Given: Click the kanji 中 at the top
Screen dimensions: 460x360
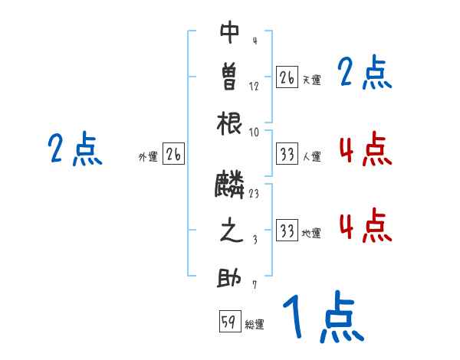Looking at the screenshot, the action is pos(230,32).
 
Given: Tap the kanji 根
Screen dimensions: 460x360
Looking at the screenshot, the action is pos(230,122).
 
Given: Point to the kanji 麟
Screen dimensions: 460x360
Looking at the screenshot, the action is pos(230,184).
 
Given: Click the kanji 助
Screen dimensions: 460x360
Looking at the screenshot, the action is pos(230,277).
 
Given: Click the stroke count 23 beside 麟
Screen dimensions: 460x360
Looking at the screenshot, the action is pos(253,194).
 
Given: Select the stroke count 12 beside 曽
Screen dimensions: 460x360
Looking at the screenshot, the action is pos(254,86).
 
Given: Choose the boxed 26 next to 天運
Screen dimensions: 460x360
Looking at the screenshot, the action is pos(287,77).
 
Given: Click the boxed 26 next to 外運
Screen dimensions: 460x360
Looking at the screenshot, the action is pos(173,155).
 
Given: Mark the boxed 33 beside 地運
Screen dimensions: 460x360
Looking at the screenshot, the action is pos(287,231).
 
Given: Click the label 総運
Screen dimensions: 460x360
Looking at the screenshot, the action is pos(255,325).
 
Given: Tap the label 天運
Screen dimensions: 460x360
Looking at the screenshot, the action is pos(311,80).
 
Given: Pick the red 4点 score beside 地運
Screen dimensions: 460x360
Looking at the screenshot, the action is pos(365,225).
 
